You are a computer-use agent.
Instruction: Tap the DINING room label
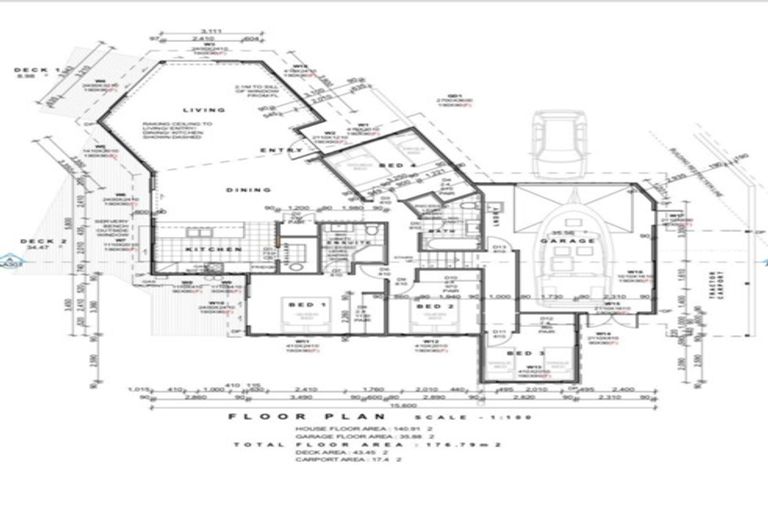click(248, 188)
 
